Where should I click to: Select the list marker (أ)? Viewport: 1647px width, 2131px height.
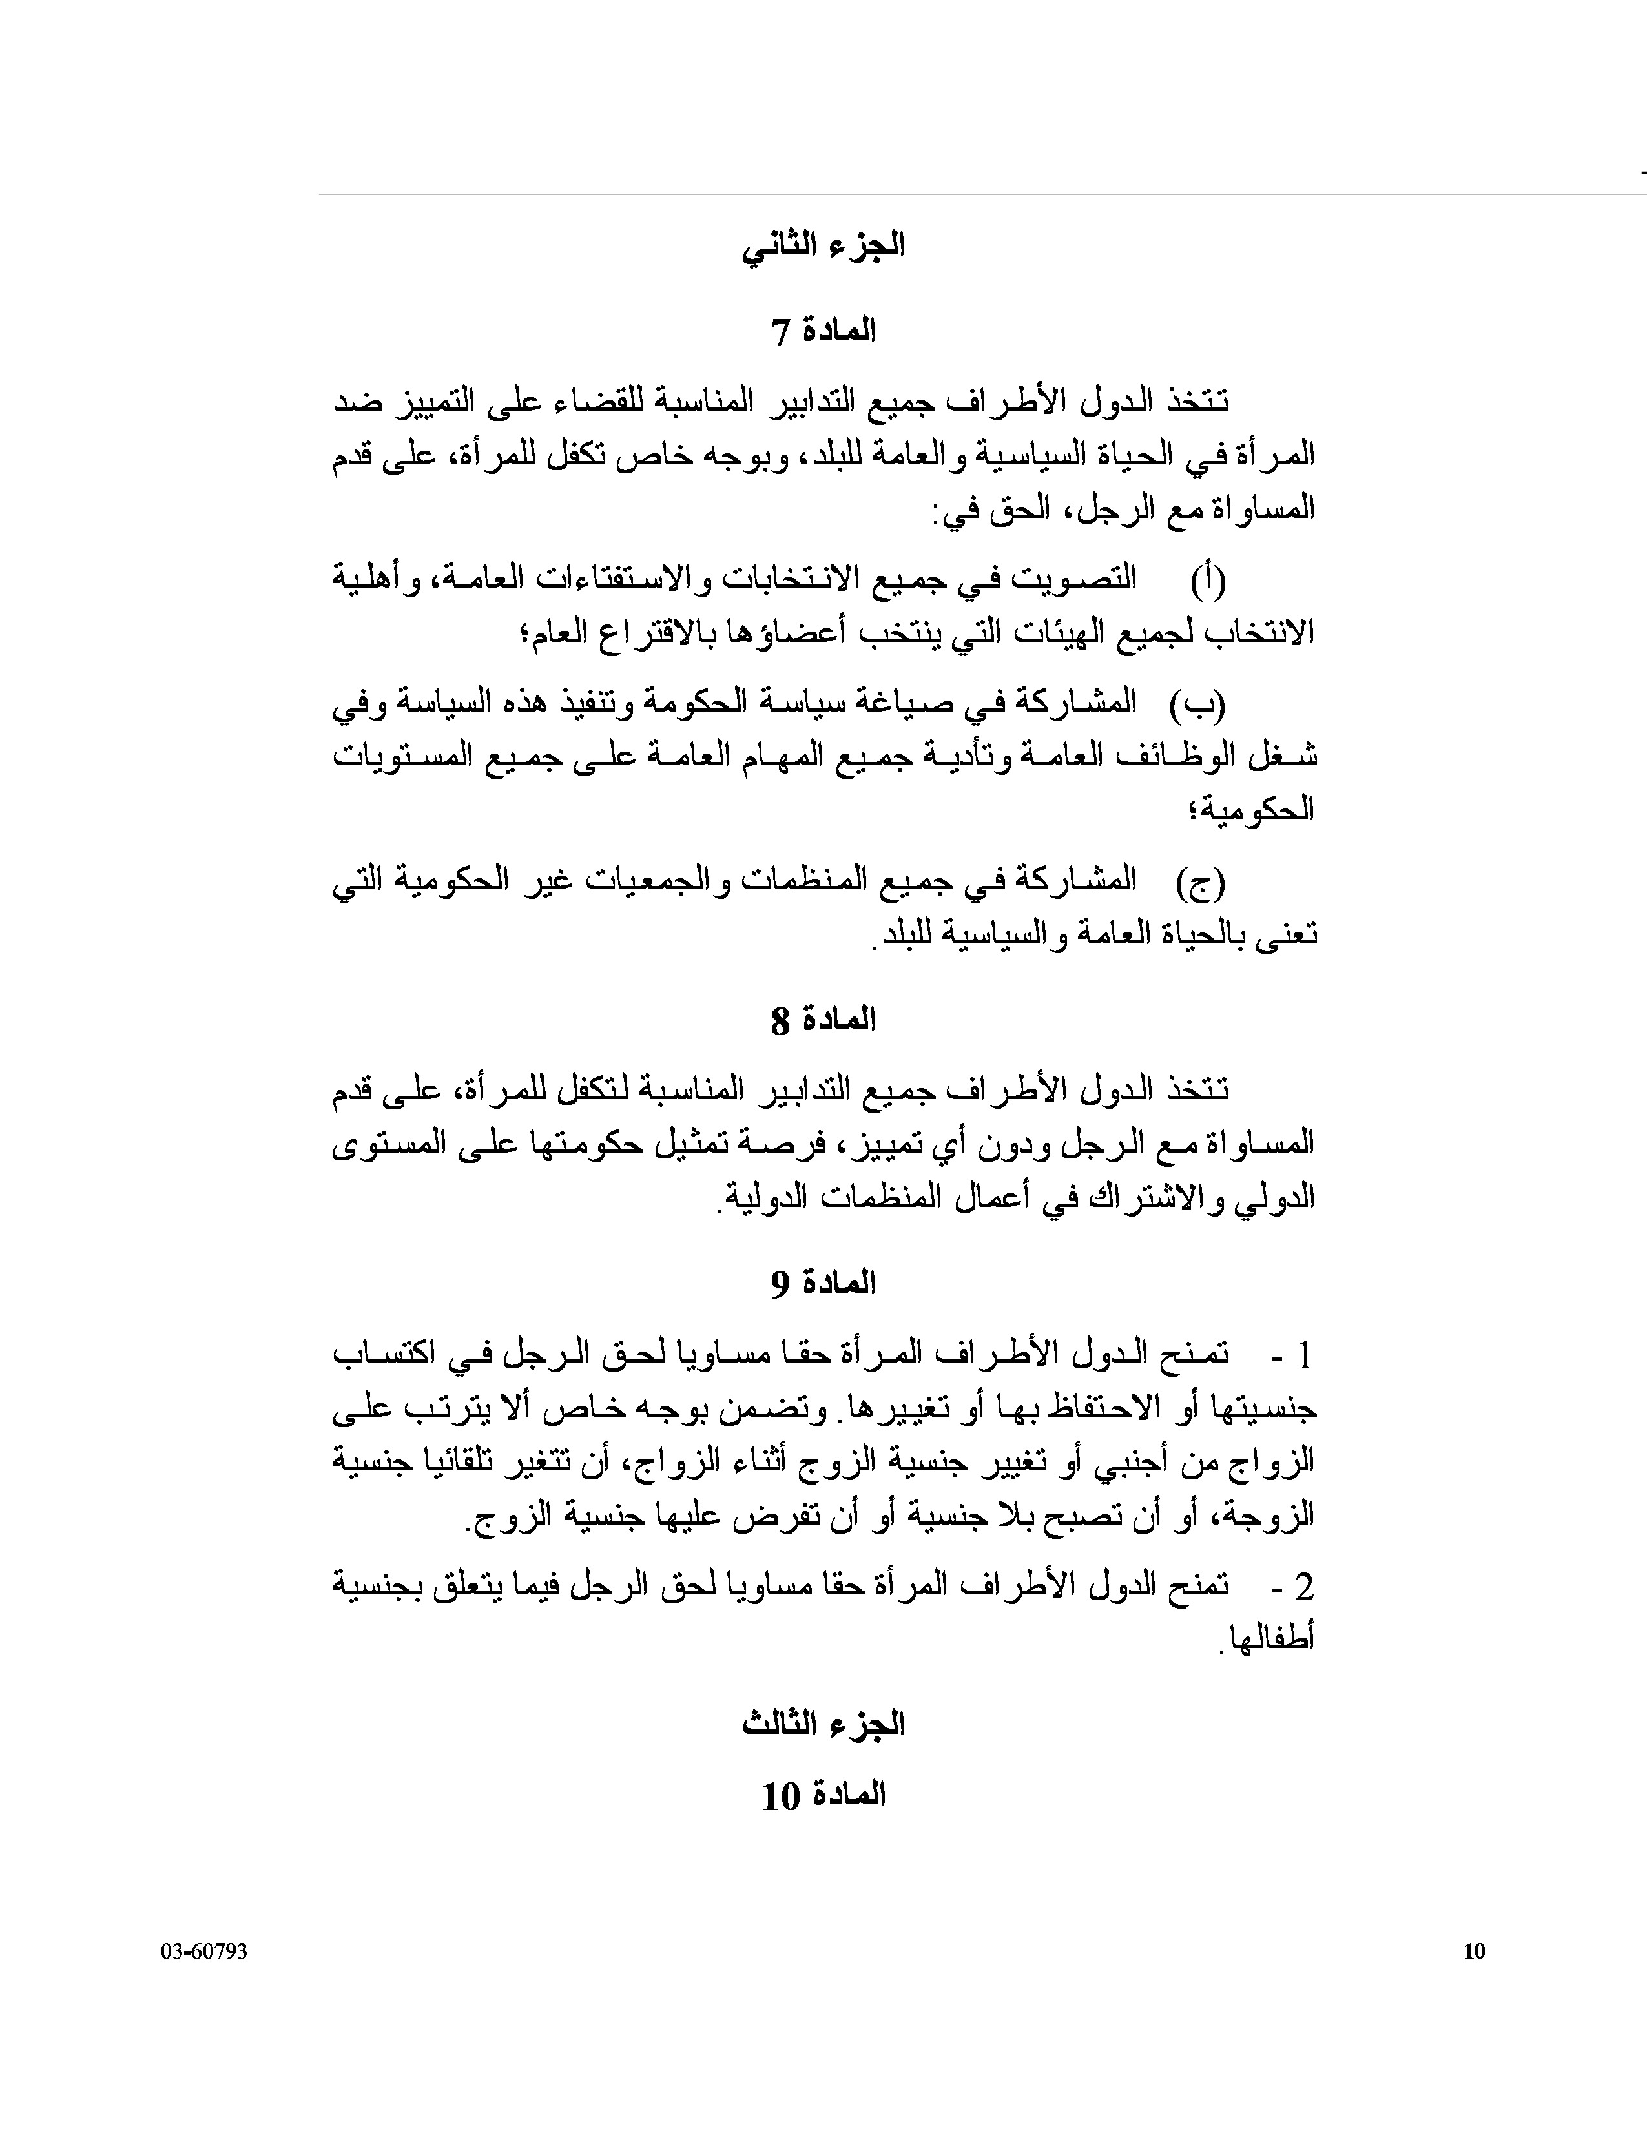(x=1207, y=580)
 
